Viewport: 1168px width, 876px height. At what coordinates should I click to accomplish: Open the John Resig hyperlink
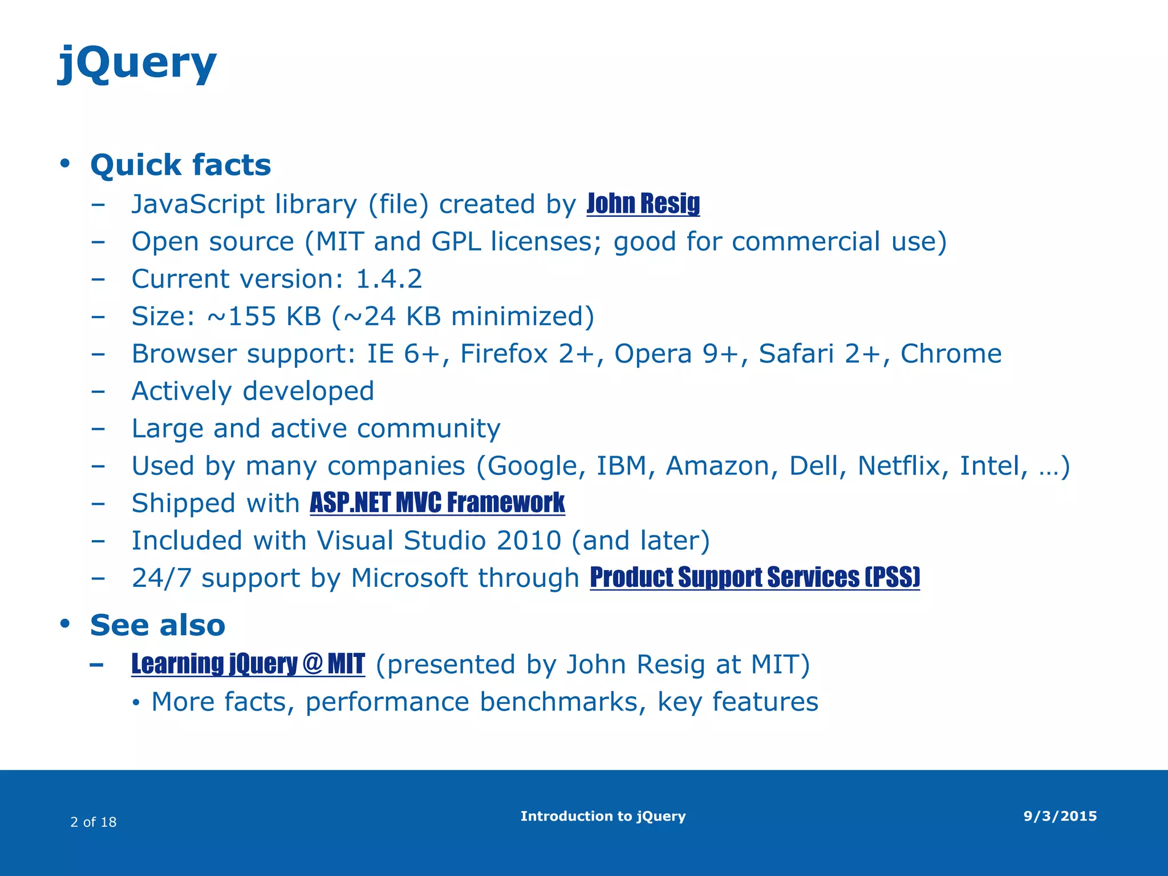click(x=643, y=204)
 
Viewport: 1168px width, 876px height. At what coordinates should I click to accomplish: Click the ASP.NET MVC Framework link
click(x=437, y=503)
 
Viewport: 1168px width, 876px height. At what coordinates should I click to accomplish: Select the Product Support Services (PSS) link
click(x=755, y=577)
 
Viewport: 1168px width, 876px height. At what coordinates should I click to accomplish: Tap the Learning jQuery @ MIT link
click(x=248, y=664)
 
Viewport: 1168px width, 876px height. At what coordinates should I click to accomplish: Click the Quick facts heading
click(x=180, y=165)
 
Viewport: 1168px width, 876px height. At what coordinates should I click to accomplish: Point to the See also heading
click(x=157, y=625)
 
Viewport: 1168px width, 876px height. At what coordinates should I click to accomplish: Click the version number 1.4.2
click(x=389, y=279)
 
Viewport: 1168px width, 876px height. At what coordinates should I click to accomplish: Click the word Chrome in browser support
click(x=951, y=354)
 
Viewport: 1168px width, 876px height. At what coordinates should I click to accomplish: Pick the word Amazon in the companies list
click(x=721, y=466)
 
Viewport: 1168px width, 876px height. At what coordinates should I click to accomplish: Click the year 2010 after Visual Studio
click(x=529, y=541)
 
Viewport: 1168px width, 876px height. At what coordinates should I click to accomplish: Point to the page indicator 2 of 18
click(x=93, y=822)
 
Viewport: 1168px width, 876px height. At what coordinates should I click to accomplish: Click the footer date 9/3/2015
click(x=1060, y=816)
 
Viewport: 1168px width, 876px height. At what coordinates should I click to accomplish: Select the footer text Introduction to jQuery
click(x=603, y=816)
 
